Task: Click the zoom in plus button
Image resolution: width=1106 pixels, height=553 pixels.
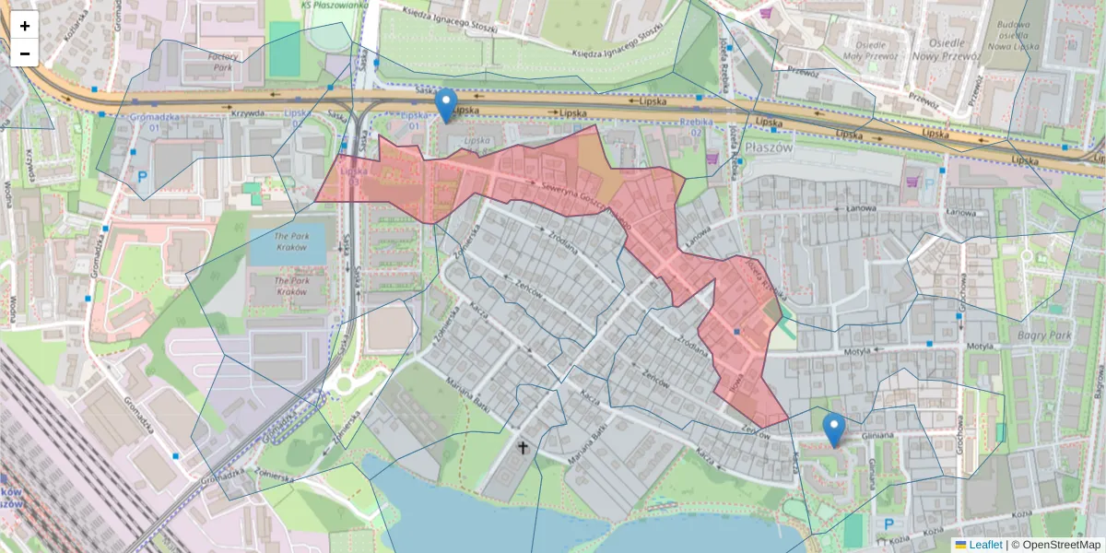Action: [x=25, y=26]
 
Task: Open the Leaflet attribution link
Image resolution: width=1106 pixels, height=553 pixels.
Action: [x=984, y=545]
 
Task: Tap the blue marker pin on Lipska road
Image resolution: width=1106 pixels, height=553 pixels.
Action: [x=446, y=104]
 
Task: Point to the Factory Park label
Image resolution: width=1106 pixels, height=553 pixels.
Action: [x=226, y=62]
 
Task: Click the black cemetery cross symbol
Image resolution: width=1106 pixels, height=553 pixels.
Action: [x=524, y=448]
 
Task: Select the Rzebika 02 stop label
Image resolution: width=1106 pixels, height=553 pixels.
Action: [x=698, y=127]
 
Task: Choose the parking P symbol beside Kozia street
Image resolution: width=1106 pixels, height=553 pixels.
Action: [x=889, y=524]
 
